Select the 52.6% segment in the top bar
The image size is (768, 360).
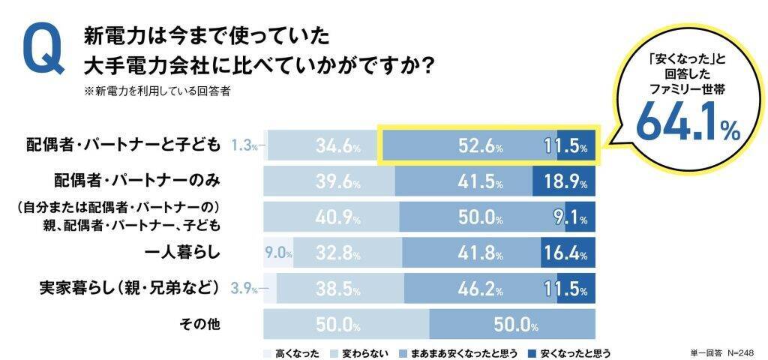coord(481,147)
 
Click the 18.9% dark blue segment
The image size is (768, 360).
coord(563,182)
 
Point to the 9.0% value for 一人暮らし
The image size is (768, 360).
coord(277,253)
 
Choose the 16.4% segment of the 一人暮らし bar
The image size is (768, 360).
coord(567,253)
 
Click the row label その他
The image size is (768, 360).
coord(200,325)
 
